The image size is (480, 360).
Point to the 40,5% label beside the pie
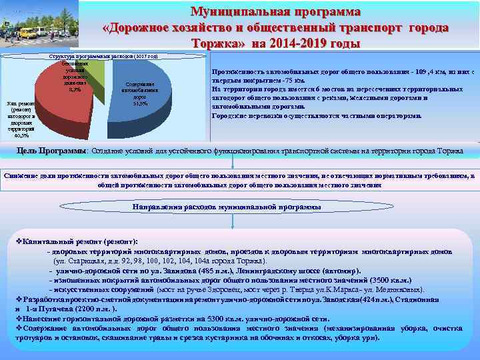pos(21,134)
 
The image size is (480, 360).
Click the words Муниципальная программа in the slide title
pos(275,12)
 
